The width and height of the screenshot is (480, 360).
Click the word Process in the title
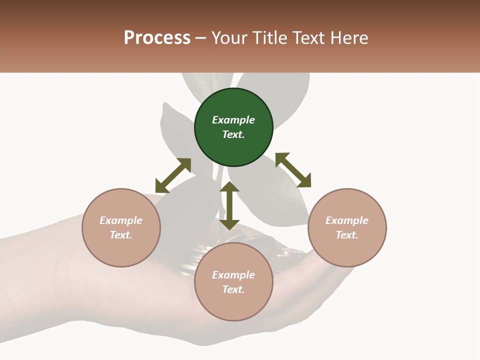click(x=157, y=38)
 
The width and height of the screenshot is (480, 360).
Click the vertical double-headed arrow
click(x=229, y=205)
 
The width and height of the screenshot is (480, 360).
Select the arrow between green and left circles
click(x=173, y=175)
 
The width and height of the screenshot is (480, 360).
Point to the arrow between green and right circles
click(x=293, y=170)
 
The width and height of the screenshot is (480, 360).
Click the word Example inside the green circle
click(x=233, y=120)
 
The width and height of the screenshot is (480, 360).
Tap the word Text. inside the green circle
click(x=233, y=134)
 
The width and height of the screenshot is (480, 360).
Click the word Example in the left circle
click(x=121, y=220)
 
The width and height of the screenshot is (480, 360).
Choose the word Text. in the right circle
click(x=347, y=235)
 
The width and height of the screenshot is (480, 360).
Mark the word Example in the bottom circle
click(x=233, y=275)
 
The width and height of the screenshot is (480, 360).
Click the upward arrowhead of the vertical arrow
click(x=229, y=187)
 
